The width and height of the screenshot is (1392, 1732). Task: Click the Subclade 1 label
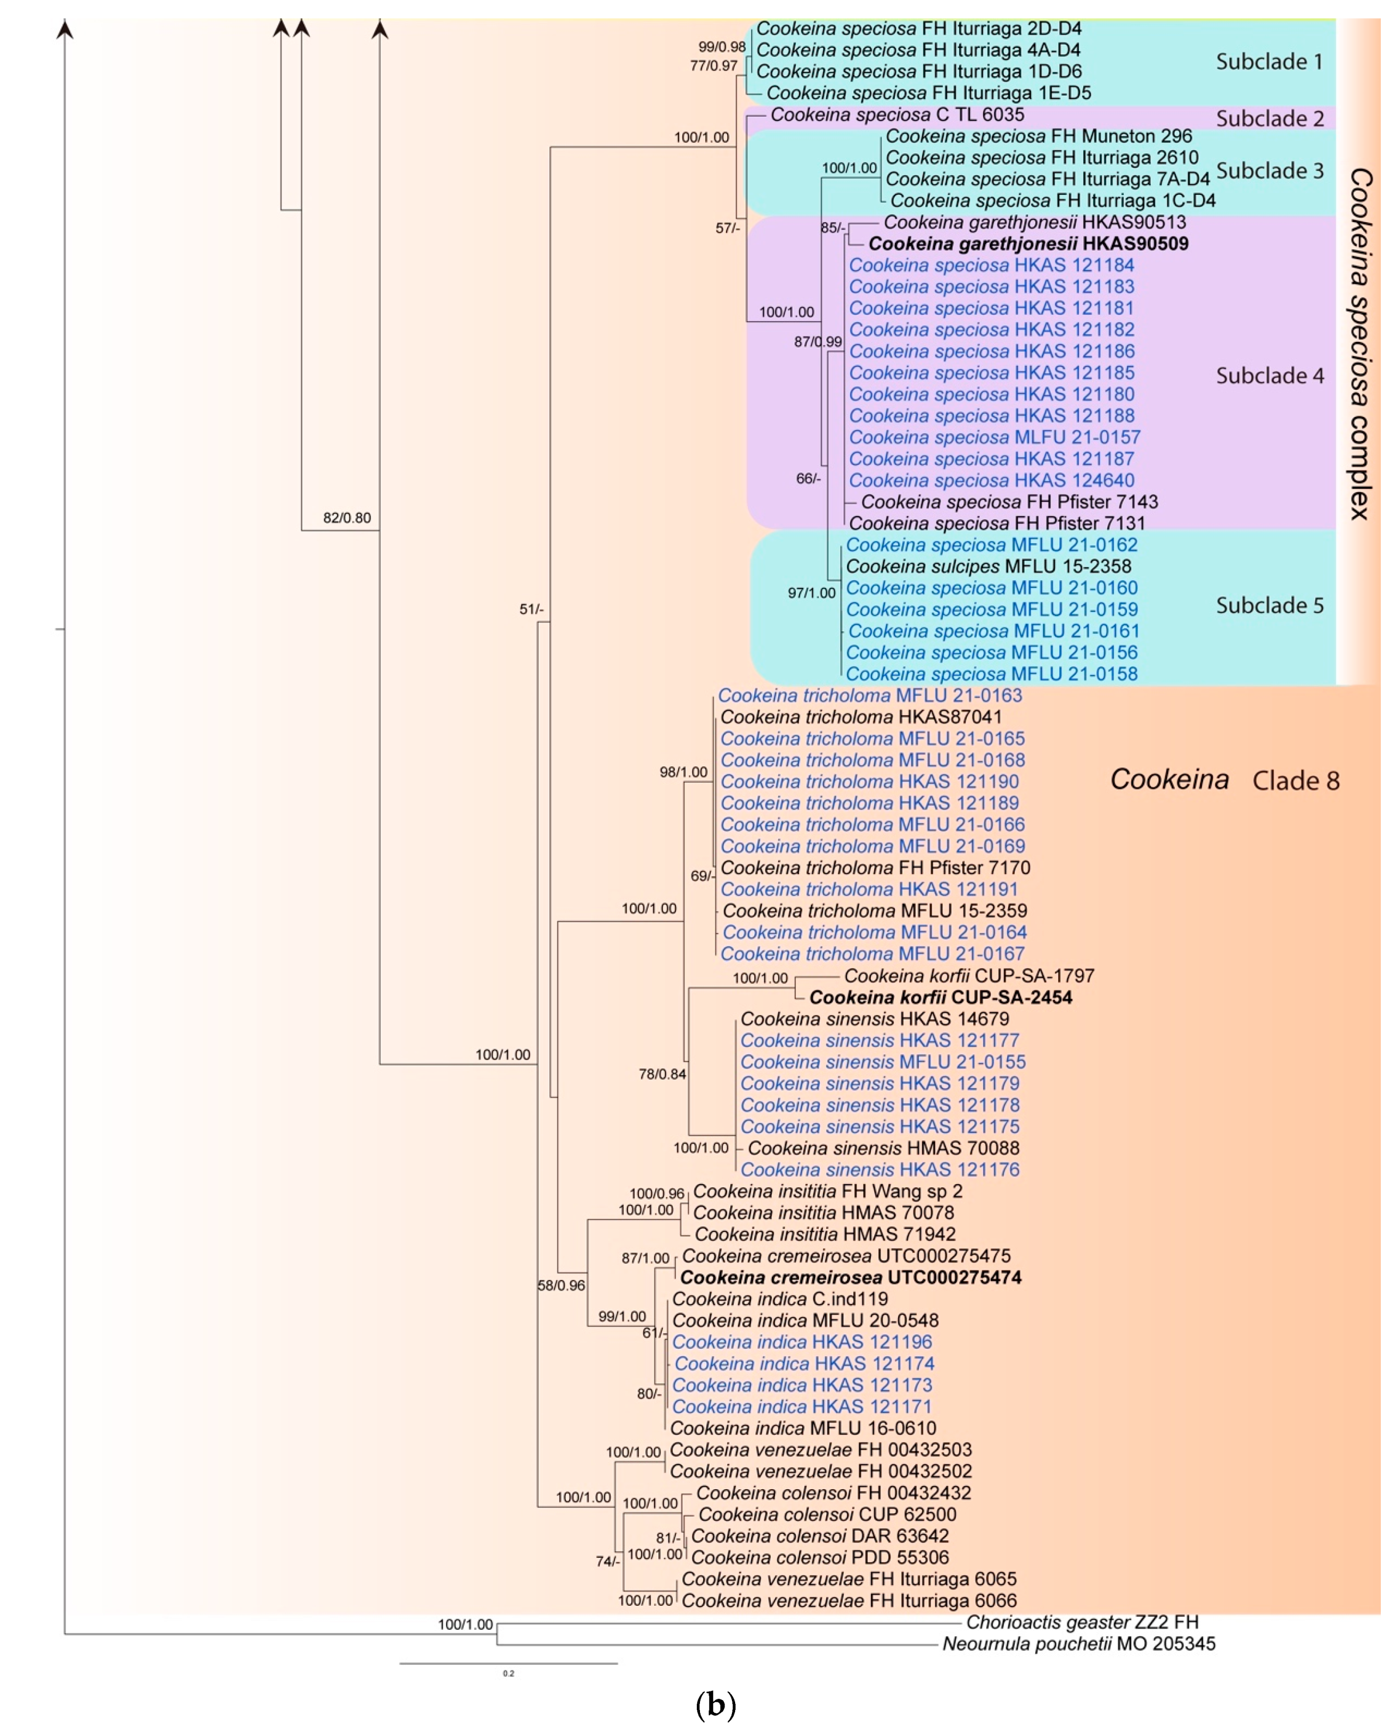point(1269,62)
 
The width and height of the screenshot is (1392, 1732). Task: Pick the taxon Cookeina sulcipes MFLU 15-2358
point(988,567)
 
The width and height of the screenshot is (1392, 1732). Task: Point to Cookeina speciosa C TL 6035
point(896,115)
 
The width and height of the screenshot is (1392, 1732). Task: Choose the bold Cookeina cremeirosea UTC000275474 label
point(851,1277)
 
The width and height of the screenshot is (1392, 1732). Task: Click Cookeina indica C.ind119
point(780,1299)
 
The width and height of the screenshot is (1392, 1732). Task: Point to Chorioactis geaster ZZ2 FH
point(1082,1622)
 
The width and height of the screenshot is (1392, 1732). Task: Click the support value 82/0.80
point(347,518)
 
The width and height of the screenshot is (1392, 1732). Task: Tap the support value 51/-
point(531,609)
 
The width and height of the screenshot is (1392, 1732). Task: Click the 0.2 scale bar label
point(508,1673)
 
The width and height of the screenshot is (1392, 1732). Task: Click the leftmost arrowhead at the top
point(65,30)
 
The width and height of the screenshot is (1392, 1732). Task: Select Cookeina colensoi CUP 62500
point(827,1514)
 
